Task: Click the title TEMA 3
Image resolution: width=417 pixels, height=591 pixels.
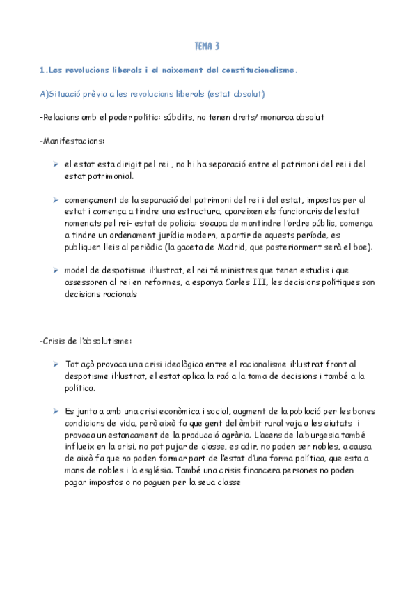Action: click(x=207, y=47)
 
